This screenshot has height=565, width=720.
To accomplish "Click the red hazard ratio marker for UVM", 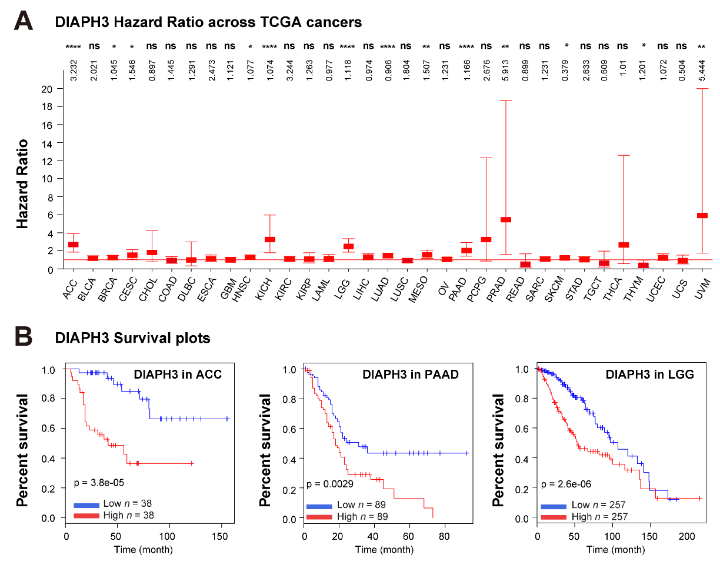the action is click(702, 216).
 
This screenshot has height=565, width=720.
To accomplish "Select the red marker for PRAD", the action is click(506, 219).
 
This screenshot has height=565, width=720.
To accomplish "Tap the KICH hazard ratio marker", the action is click(270, 239).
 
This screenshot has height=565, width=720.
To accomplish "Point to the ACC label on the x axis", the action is click(70, 289).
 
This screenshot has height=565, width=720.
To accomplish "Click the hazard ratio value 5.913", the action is click(505, 70).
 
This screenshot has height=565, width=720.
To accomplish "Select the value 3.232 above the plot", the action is click(74, 70).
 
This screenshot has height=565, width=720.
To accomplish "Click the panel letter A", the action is click(23, 21).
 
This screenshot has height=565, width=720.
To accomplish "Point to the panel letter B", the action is click(24, 336).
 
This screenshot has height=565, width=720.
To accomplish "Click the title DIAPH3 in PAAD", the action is click(410, 375).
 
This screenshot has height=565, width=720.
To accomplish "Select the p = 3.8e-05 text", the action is click(99, 483).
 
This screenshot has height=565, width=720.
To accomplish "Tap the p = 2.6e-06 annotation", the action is click(566, 484).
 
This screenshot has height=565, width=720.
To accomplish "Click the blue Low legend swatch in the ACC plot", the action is click(86, 506).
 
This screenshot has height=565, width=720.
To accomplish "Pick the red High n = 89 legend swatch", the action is click(319, 517).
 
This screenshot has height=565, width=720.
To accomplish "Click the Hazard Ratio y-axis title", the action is click(22, 184).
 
